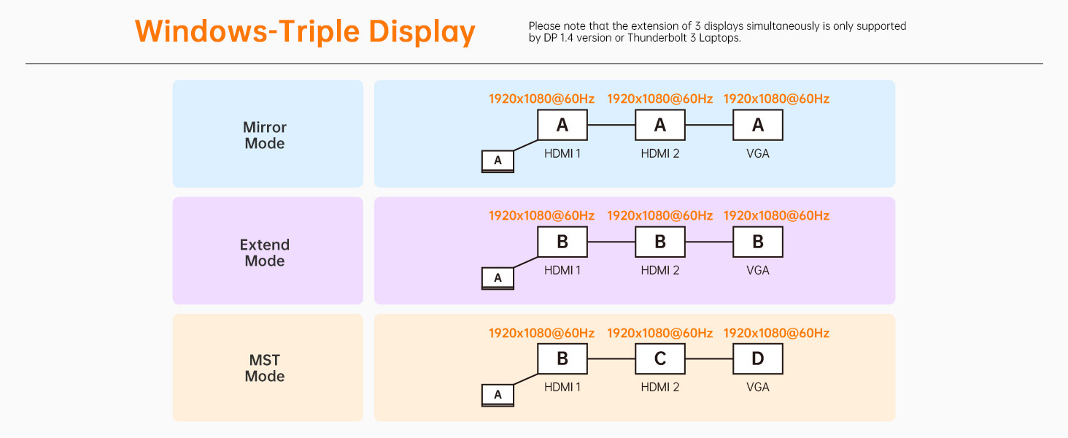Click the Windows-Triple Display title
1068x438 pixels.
pos(305,32)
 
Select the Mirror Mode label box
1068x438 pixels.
pos(268,134)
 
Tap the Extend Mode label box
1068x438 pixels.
pos(268,251)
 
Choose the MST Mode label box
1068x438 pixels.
pos(268,368)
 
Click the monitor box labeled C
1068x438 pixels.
pos(659,359)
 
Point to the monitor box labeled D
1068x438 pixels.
pos(757,359)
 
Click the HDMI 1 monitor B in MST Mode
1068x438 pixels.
pos(562,359)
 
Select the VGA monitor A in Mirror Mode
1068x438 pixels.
pos(757,125)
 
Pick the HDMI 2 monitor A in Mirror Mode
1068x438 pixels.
pos(659,125)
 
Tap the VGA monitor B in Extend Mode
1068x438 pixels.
pos(757,242)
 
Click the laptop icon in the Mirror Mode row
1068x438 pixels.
pos(498,161)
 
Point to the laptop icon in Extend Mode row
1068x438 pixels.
pos(498,278)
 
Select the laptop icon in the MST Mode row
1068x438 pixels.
pos(498,395)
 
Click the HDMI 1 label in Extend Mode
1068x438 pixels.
pos(562,270)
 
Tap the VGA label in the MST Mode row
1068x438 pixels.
pos(757,387)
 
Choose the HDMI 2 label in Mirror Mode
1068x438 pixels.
pos(659,153)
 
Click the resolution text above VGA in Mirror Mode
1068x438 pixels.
pos(776,99)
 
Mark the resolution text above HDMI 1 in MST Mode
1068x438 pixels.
pos(541,333)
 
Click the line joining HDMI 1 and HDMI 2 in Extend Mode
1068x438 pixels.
pos(611,242)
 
